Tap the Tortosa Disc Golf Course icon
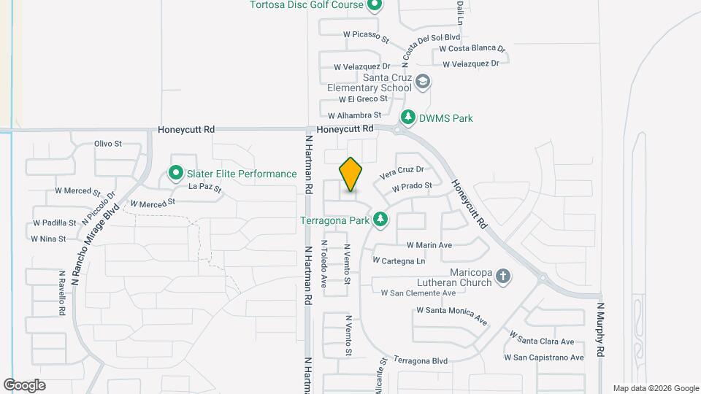click(375, 6)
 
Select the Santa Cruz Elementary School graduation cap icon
click(422, 82)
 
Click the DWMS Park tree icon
click(408, 117)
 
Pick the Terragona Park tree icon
click(380, 219)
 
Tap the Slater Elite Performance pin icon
click(175, 174)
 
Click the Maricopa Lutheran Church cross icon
click(502, 277)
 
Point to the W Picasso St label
click(366, 34)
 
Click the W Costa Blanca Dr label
click(472, 49)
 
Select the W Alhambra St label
click(354, 115)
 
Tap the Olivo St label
click(107, 144)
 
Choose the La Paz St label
click(204, 188)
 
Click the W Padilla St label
click(55, 223)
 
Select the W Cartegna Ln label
click(399, 260)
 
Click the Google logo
click(24, 385)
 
